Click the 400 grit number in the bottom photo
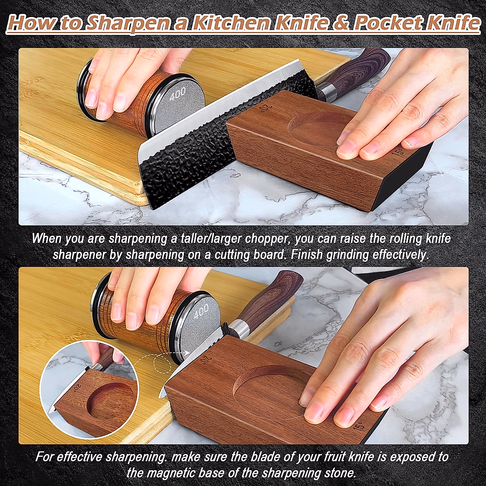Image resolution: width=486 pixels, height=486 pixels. pos(201,311)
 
